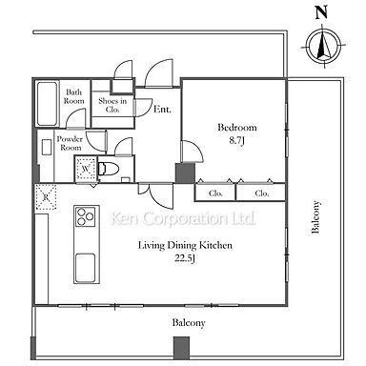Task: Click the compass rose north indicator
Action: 324,46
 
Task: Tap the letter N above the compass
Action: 321,12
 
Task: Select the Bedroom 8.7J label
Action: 237,134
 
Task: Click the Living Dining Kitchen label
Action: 185,245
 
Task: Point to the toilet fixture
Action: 104,169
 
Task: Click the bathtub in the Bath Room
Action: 48,104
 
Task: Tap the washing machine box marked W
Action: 86,169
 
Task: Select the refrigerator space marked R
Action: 46,197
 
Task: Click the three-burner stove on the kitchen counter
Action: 85,216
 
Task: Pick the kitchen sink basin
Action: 85,268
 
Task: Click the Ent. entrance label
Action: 162,110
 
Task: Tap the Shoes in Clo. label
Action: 112,105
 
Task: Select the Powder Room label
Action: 71,143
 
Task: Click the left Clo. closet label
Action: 215,193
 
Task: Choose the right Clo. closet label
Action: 262,193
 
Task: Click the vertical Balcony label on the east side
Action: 315,216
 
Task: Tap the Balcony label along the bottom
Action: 189,323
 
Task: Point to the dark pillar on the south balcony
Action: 181,348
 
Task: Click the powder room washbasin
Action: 47,147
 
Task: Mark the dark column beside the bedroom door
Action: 185,173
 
